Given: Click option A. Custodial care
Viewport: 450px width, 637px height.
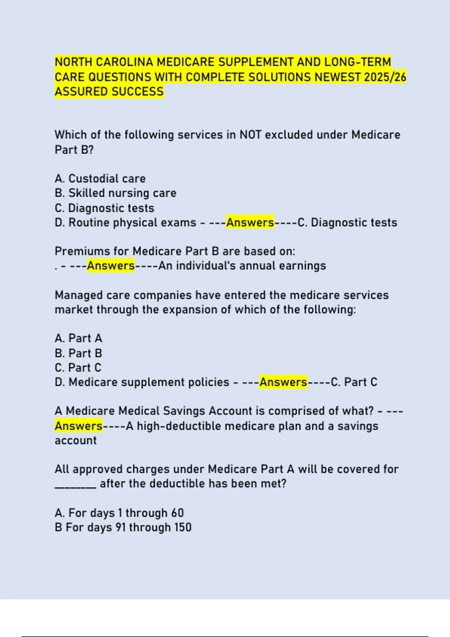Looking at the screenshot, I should point(100,178).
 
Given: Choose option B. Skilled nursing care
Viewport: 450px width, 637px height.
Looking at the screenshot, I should point(115,193).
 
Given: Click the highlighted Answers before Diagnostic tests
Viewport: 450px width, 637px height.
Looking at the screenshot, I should point(250,222).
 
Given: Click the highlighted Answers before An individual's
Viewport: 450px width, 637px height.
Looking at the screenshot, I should point(111,266).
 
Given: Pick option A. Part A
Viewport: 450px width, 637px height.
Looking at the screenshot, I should point(78,338).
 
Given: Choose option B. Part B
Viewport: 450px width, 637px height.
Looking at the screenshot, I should point(78,353).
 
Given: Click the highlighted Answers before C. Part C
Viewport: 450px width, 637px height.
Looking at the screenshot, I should point(283,382).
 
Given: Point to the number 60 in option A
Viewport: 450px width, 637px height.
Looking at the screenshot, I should point(177,513).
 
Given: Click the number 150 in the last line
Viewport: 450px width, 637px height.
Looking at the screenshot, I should point(183,527).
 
